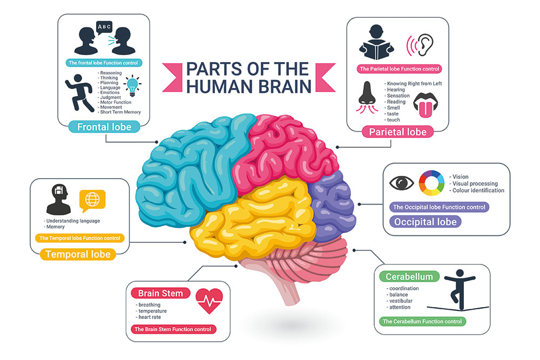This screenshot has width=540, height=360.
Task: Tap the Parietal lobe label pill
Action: pos(397,132)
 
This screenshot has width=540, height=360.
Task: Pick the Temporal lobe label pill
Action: pos(78,254)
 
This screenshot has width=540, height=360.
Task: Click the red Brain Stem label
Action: pos(160,294)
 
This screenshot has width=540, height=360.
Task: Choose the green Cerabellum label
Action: pos(409,277)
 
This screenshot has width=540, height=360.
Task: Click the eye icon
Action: pos(402,182)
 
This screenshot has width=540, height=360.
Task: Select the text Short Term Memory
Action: pos(120,112)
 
